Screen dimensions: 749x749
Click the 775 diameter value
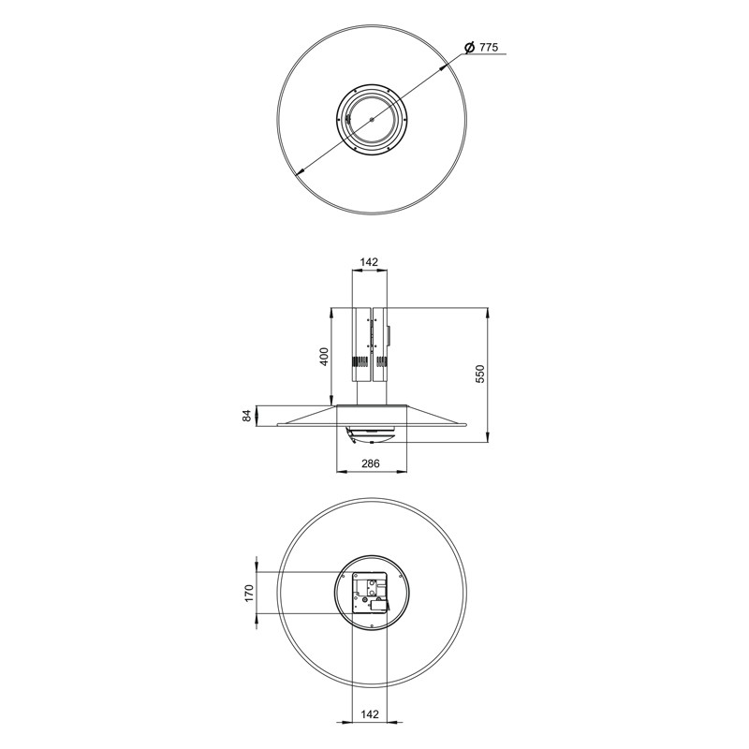[x=489, y=48]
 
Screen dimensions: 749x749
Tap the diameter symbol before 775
[x=470, y=48]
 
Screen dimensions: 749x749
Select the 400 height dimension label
[x=324, y=357]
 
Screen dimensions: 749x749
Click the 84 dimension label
[x=247, y=416]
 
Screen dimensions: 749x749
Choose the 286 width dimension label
[x=370, y=463]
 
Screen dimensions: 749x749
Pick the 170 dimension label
[x=249, y=593]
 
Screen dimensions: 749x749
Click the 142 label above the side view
[x=369, y=262]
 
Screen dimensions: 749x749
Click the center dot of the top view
[x=372, y=119]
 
